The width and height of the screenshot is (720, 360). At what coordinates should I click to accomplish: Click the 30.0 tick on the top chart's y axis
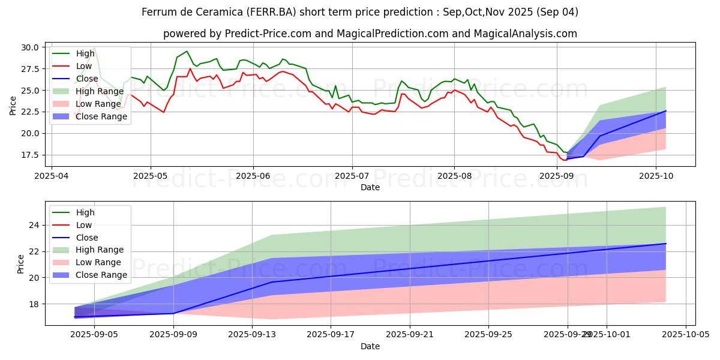(31, 47)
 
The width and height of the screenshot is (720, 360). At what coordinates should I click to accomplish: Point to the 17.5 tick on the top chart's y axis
(31, 155)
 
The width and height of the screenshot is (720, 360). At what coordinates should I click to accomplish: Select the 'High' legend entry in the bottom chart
(86, 212)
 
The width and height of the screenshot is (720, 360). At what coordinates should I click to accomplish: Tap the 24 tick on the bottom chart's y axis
(35, 225)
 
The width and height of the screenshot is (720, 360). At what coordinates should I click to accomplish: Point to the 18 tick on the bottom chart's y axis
(35, 304)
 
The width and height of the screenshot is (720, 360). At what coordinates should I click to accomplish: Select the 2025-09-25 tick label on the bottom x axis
(488, 335)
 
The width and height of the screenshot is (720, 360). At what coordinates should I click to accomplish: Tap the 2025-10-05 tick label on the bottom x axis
(685, 335)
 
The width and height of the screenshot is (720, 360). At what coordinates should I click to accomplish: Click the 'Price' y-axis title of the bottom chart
(22, 264)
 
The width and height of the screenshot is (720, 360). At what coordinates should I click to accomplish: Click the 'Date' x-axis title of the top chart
(370, 187)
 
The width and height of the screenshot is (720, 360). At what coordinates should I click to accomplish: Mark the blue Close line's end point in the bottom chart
(665, 244)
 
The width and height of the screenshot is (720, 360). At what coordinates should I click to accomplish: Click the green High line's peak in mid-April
(94, 48)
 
